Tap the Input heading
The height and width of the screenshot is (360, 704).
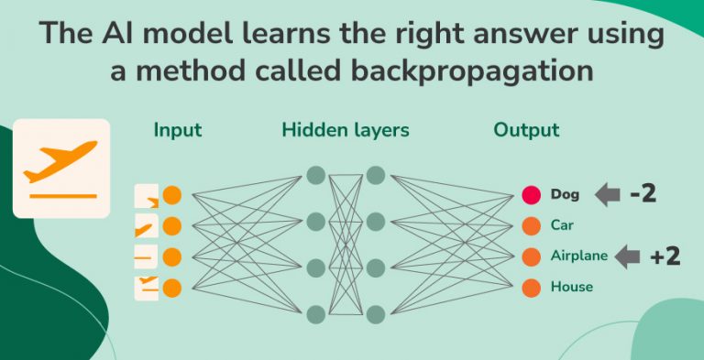(x=177, y=130)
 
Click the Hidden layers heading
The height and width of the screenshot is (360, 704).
(x=346, y=130)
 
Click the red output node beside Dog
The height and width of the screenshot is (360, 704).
(x=531, y=194)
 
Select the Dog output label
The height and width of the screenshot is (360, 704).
(x=565, y=194)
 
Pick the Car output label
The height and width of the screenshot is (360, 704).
(x=562, y=224)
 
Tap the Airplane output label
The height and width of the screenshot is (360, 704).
(x=578, y=256)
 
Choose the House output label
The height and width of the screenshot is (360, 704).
(x=571, y=287)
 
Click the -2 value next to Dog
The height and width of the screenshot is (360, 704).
(x=643, y=193)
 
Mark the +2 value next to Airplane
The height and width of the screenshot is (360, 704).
(x=665, y=256)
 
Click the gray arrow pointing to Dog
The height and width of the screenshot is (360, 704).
(x=607, y=194)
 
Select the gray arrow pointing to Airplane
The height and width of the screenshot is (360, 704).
(x=627, y=256)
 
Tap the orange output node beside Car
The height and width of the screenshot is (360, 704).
(x=531, y=225)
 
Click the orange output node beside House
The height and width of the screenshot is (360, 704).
(x=531, y=288)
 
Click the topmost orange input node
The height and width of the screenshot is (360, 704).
(x=171, y=195)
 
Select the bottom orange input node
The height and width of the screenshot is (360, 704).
(x=171, y=288)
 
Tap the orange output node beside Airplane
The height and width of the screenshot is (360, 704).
(x=531, y=256)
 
